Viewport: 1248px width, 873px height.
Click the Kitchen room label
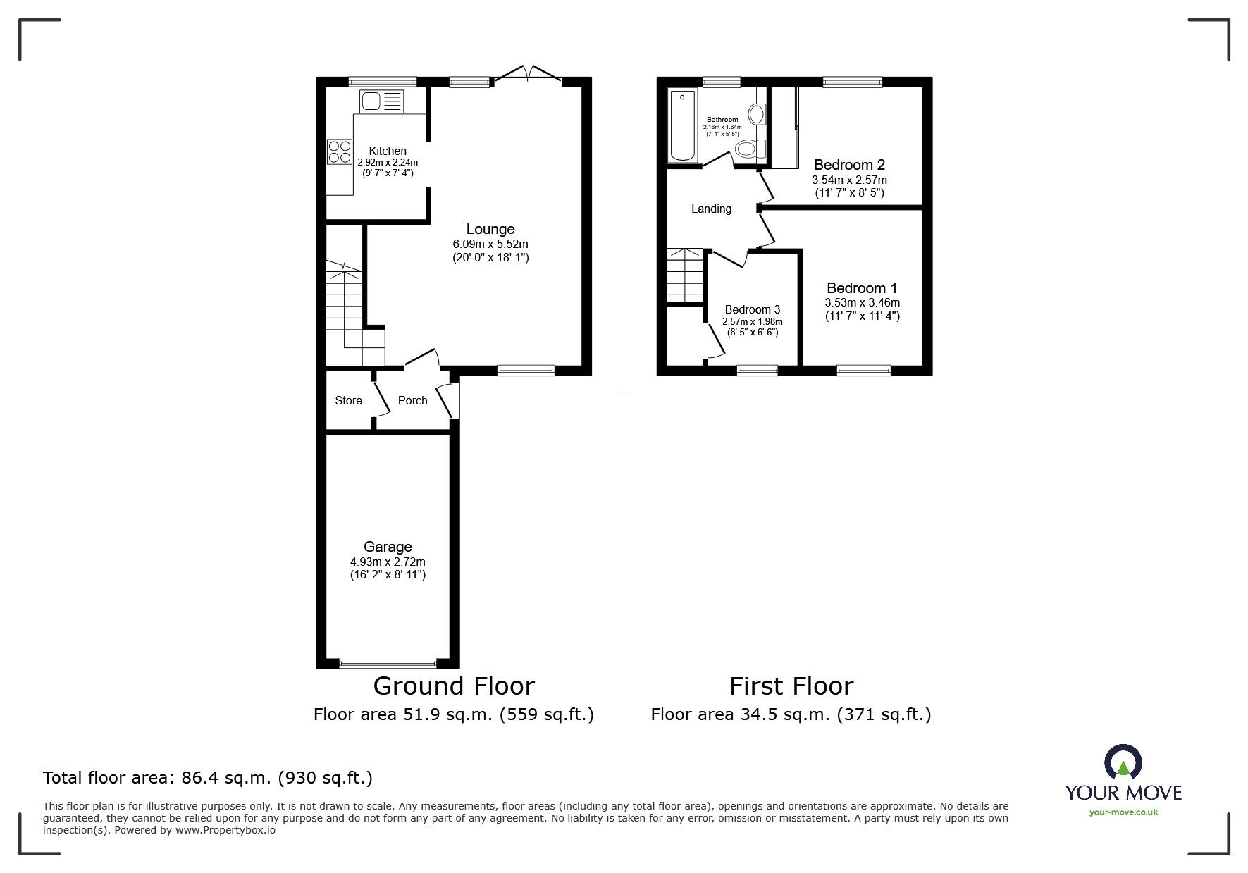pos(388,151)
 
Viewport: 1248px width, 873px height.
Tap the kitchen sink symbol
pos(381,101)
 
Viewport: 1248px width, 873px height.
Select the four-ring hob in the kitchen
pos(340,151)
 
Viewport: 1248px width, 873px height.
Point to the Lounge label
pos(490,229)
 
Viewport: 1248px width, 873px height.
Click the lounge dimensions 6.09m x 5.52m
pos(490,244)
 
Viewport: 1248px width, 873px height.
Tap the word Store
pos(348,400)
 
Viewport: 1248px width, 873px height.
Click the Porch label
pos(412,400)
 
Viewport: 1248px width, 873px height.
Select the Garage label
pos(388,547)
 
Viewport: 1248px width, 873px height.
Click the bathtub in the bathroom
pos(681,125)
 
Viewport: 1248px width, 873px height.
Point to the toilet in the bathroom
pos(750,149)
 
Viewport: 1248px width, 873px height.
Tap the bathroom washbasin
pos(758,113)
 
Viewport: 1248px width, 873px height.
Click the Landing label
pos(711,209)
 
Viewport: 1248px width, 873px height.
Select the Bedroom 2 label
pos(849,165)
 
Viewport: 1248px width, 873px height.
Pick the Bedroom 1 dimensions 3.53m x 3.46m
pos(863,303)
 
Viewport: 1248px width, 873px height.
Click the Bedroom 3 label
pos(752,309)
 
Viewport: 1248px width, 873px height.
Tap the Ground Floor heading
pos(454,686)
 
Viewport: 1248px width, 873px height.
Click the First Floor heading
pos(791,686)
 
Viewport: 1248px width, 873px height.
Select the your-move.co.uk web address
pos(1123,812)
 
